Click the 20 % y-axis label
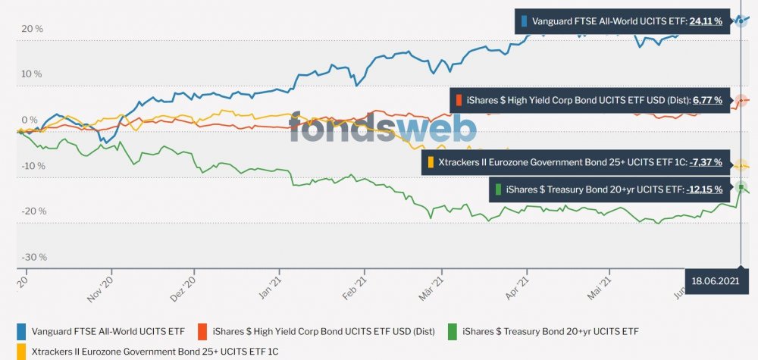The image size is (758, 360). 32,29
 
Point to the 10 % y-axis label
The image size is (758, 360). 32,74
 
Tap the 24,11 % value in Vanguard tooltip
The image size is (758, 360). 705,22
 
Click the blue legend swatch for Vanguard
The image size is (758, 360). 22,331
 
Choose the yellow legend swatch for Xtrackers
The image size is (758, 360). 22,351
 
